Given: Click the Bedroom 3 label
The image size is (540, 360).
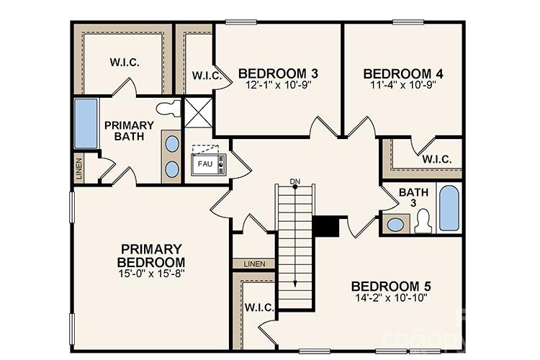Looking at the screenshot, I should tap(278, 73).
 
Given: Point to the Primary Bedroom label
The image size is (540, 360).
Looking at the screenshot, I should tap(152, 255).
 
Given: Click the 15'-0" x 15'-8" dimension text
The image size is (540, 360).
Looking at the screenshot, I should tap(152, 274).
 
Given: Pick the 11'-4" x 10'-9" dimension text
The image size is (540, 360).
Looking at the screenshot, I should tap(402, 85).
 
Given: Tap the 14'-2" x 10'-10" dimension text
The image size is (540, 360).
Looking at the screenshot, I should tap(391, 297).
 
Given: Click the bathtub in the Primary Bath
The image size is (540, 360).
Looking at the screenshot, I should tap(86, 124).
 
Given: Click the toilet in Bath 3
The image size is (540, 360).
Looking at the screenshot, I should tap(423, 220).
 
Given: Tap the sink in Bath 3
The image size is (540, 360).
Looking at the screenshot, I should tap(395, 224).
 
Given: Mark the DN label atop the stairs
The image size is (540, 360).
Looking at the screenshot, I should tap(294, 181).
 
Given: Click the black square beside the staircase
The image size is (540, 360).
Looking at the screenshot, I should tap(326, 225).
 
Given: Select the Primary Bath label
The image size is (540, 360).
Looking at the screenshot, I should tap(129, 131).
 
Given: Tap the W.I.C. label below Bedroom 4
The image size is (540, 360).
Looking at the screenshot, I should tap(437, 159).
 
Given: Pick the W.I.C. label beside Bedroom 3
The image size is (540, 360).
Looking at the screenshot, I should tap(205, 76).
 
